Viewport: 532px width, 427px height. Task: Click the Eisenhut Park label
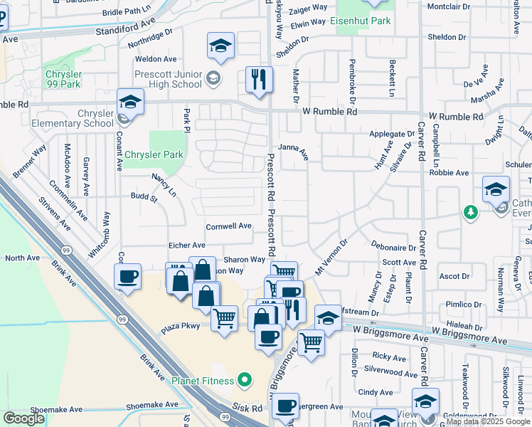pyautogui.click(x=361, y=21)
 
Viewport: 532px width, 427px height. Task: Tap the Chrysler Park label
pyautogui.click(x=154, y=154)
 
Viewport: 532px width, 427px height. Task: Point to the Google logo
pyautogui.click(x=24, y=418)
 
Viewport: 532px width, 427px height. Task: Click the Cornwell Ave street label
pyautogui.click(x=229, y=226)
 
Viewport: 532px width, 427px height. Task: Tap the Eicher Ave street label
pyautogui.click(x=187, y=246)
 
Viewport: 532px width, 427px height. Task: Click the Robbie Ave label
pyautogui.click(x=452, y=173)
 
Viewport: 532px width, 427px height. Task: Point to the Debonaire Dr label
pyautogui.click(x=393, y=246)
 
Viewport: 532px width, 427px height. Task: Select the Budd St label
pyautogui.click(x=144, y=196)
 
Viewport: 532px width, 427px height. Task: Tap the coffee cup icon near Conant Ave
pyautogui.click(x=128, y=276)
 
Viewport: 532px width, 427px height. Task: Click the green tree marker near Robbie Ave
pyautogui.click(x=470, y=211)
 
